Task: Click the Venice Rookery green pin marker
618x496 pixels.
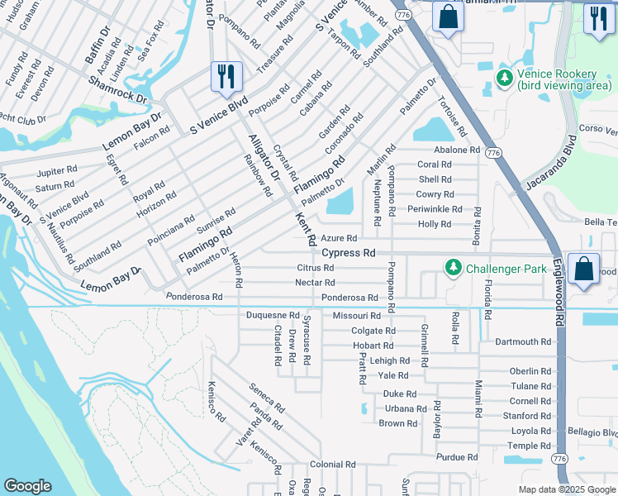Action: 504,78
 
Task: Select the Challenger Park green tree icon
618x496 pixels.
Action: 453,268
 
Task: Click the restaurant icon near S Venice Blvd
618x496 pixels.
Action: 225,77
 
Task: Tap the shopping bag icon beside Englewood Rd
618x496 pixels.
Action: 583,269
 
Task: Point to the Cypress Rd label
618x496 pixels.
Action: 349,253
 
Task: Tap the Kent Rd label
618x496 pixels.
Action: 307,228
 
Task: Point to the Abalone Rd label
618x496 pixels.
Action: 457,150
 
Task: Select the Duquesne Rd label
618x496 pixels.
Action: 273,316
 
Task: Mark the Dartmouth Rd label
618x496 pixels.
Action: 522,341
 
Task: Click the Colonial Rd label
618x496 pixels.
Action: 332,465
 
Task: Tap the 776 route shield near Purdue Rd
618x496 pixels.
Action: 559,458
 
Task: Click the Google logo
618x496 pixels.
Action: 26,486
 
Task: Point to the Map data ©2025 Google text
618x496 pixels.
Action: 566,489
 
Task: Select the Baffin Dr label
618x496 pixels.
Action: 98,45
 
